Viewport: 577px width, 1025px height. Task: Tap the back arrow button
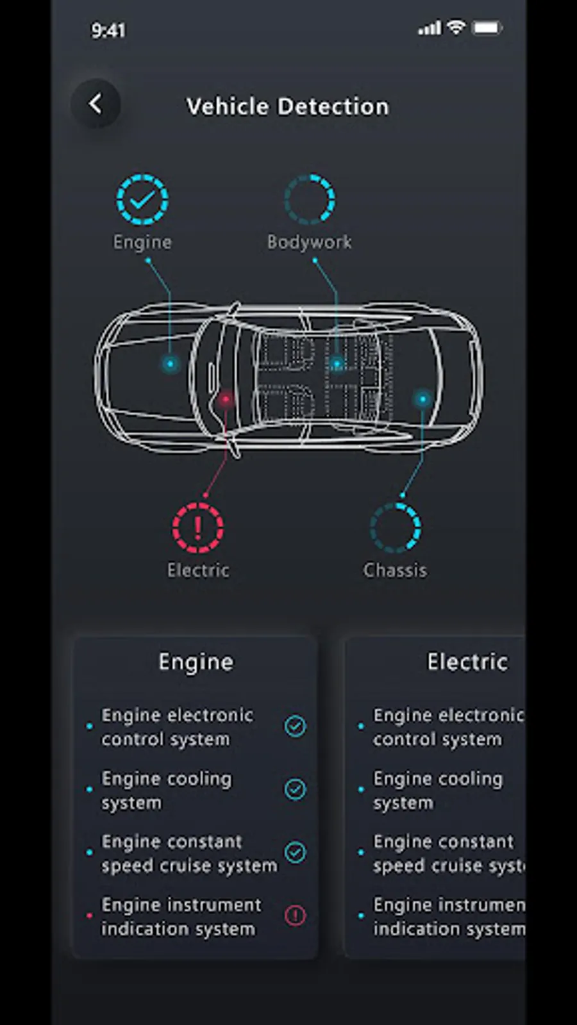[96, 104]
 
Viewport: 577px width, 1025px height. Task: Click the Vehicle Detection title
[288, 106]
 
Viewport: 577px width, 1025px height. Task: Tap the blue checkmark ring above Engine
[142, 199]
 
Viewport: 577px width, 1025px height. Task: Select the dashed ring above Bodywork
[310, 199]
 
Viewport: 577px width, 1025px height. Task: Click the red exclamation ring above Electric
[198, 528]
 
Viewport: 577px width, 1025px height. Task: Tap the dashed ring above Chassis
[395, 528]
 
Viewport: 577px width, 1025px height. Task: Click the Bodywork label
[310, 242]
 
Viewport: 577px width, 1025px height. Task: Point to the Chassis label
[395, 571]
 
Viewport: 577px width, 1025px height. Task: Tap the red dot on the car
[225, 400]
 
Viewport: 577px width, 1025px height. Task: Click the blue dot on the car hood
[171, 364]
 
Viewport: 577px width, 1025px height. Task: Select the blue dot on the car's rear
[422, 400]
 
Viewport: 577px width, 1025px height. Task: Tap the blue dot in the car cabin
[337, 364]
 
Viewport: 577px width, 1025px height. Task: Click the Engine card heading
[196, 662]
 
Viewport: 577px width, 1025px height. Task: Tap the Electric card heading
[467, 662]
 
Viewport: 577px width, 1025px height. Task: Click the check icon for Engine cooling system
[296, 789]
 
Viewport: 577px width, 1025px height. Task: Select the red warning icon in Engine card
[296, 915]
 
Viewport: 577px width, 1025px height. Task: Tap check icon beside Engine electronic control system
[296, 726]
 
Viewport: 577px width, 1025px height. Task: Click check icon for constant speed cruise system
[296, 853]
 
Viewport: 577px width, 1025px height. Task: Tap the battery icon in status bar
[488, 28]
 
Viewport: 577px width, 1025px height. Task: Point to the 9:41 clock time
[108, 31]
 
